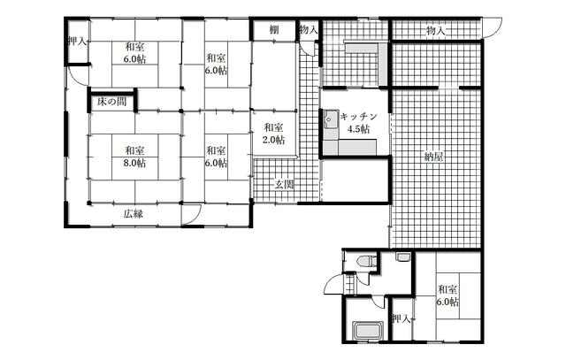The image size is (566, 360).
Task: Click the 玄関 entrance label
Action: pos(285,185)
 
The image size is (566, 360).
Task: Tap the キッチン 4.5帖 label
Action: pos(358,123)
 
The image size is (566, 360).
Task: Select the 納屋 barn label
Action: pos(434,157)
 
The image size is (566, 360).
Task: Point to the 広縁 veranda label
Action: pos(134,214)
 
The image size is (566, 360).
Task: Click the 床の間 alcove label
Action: pos(112,102)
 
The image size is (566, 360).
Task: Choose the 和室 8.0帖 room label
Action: pos(135,157)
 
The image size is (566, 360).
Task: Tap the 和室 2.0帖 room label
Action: pos(273,134)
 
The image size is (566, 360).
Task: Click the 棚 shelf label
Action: pos(274,30)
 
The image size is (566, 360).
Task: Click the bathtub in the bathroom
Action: pos(367,330)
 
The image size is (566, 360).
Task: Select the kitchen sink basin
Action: pos(330,120)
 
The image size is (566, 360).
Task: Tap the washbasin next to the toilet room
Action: pos(402,257)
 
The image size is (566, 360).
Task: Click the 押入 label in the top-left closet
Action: pos(78,42)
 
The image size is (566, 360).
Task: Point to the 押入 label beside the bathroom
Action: pos(401,319)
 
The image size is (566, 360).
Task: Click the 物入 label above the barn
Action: pos(435,31)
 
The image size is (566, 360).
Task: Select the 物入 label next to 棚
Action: pos(309,30)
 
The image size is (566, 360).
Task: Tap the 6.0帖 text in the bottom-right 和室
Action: pos(447,302)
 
